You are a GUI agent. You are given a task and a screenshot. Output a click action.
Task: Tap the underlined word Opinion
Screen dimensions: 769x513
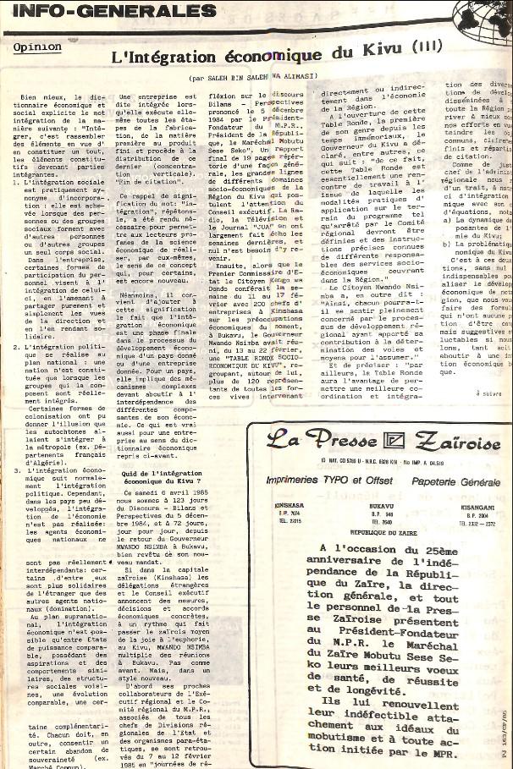(x=37, y=47)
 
